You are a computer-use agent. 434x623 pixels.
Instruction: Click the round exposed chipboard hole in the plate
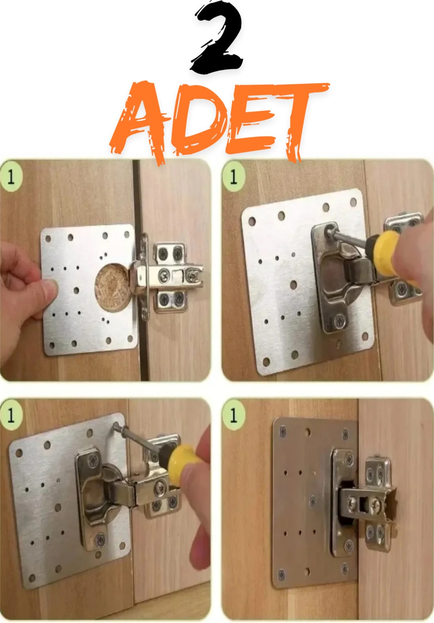coord(113,287)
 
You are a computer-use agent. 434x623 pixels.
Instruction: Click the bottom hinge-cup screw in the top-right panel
coord(340,321)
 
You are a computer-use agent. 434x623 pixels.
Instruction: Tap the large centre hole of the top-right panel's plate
coord(293,284)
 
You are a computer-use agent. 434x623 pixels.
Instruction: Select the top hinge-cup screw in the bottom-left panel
coord(93,460)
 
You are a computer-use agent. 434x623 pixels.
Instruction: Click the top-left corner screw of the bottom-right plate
coord(283,432)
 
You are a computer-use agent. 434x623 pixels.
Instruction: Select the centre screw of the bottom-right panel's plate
coord(312,501)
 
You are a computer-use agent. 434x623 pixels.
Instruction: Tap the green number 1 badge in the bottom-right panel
coord(233,415)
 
